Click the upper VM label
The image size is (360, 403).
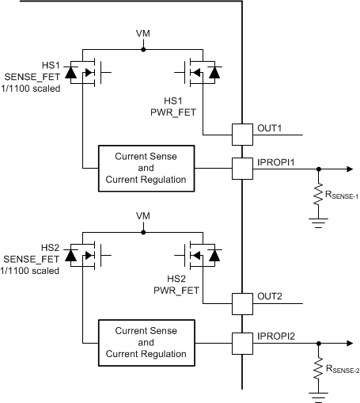point(142,36)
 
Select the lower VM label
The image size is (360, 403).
point(142,216)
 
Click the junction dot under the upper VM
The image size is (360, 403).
point(142,49)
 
